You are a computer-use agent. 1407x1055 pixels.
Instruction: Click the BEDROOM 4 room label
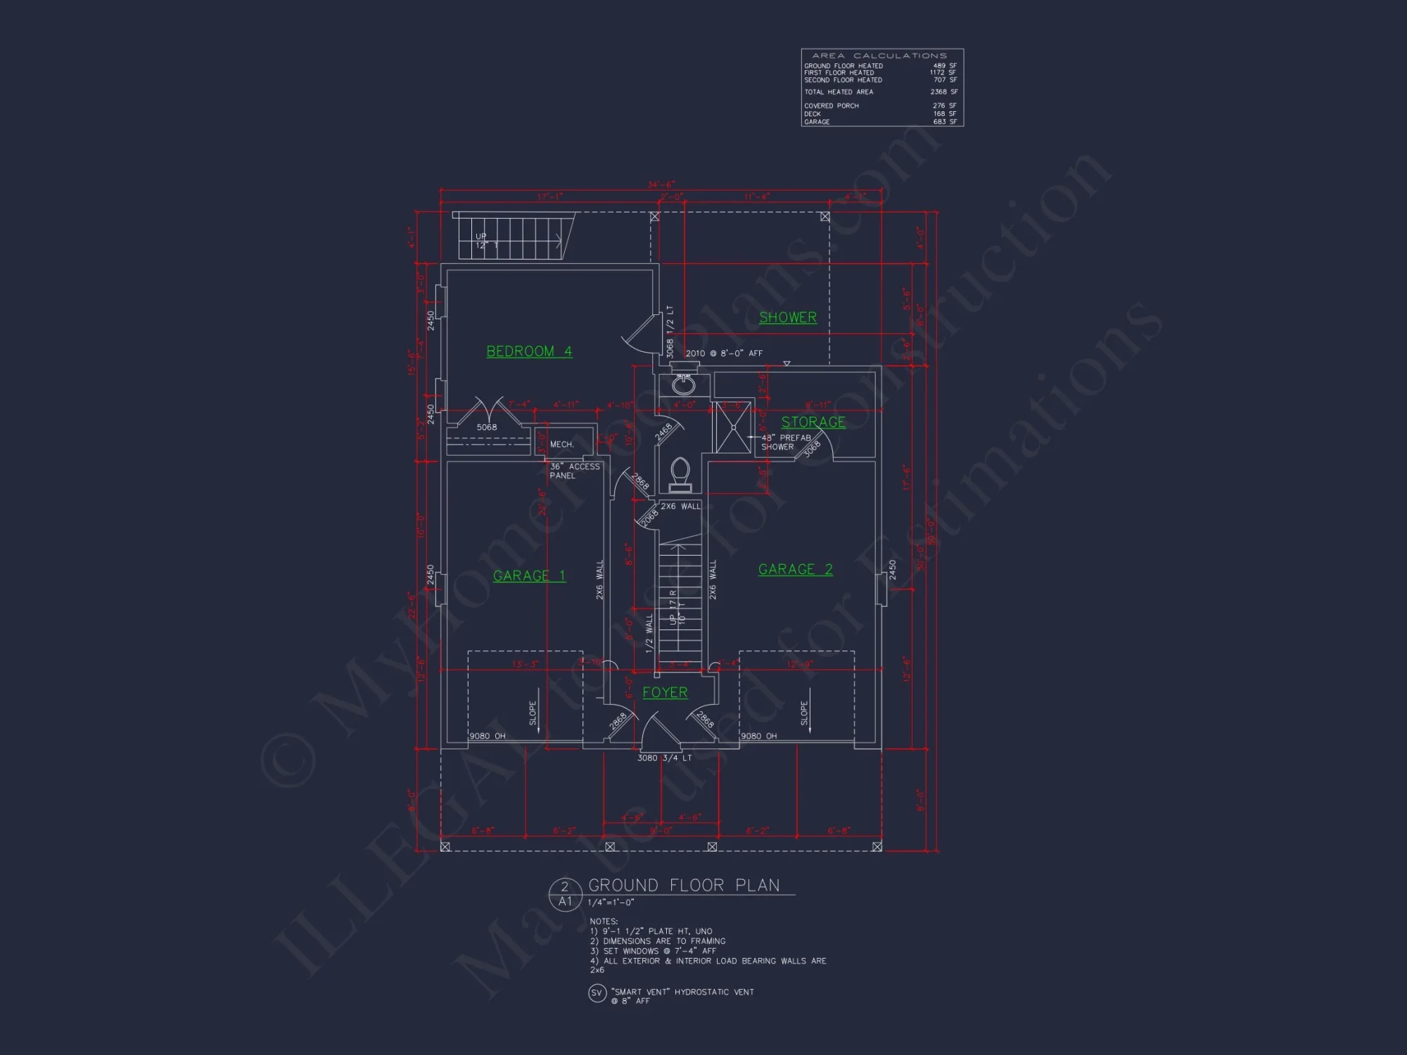click(x=529, y=351)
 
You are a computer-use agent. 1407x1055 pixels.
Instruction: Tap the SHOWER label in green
click(x=788, y=317)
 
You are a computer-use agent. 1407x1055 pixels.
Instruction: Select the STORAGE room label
click(x=813, y=422)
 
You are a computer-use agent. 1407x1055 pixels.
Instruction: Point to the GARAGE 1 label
click(x=529, y=576)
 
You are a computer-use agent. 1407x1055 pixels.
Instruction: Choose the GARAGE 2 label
click(x=795, y=570)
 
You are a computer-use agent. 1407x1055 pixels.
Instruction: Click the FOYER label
click(x=665, y=693)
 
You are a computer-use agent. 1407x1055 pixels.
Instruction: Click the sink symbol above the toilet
click(x=683, y=384)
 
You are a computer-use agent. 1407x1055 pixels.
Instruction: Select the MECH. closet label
click(x=561, y=445)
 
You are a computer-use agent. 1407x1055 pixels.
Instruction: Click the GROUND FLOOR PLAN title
click(x=684, y=885)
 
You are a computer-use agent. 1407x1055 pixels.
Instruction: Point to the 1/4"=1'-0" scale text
click(x=611, y=902)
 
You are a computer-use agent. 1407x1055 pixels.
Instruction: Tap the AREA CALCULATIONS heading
click(x=879, y=56)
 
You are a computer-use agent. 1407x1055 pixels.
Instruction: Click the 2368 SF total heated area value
click(x=943, y=92)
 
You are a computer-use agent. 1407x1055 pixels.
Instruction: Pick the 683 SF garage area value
click(x=944, y=122)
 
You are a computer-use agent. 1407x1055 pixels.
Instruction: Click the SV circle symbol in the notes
click(x=597, y=993)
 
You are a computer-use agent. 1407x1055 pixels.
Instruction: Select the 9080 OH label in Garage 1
click(x=488, y=736)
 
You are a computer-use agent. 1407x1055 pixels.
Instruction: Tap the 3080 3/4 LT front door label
click(x=664, y=758)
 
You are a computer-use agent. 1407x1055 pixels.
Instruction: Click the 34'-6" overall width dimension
click(x=661, y=185)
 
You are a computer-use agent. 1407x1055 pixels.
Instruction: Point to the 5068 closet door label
click(x=487, y=428)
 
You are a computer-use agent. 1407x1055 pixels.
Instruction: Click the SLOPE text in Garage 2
click(x=804, y=713)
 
